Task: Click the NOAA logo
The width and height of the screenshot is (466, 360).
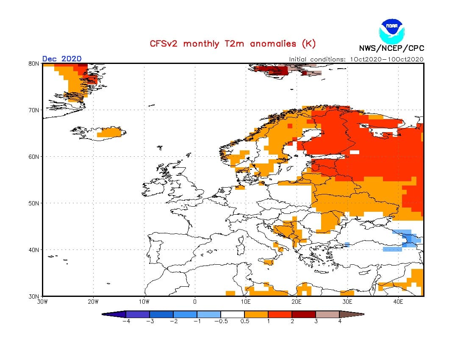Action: point(391,29)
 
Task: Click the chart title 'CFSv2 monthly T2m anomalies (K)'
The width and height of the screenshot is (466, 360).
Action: point(233,44)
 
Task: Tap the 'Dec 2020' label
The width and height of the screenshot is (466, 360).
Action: point(62,59)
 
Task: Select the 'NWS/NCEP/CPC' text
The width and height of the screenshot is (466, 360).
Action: point(391,48)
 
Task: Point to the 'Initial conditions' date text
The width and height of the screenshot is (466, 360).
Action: point(356,59)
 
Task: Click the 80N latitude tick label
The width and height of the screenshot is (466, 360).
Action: point(34,64)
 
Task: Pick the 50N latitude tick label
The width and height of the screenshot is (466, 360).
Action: point(34,203)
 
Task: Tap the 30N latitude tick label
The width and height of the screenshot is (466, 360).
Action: point(34,296)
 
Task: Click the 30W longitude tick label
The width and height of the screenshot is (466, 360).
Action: point(43,302)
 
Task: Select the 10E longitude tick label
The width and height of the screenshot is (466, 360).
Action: point(246,302)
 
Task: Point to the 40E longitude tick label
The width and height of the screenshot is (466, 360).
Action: point(398,302)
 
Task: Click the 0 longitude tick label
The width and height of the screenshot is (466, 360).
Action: point(195,302)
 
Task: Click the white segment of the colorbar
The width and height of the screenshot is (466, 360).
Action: point(233,314)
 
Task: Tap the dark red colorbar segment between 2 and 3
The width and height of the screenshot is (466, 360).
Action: point(304,314)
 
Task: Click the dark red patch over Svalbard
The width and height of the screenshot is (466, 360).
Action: point(272,70)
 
